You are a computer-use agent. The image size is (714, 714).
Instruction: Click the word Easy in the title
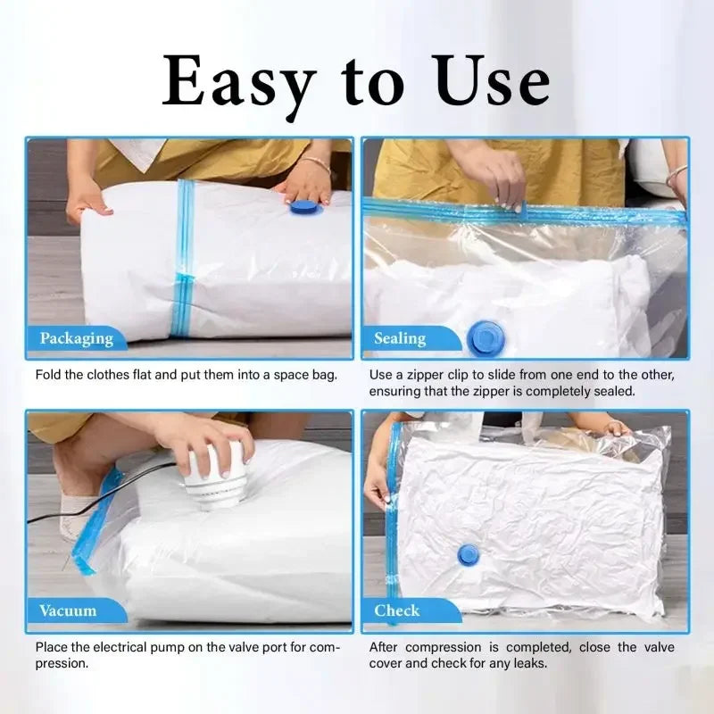tap(237, 82)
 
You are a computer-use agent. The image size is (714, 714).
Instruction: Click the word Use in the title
tap(491, 82)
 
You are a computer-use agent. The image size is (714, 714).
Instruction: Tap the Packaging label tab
tap(76, 338)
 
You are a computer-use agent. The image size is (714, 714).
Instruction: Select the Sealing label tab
tap(399, 338)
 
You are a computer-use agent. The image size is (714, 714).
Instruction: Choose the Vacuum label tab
tap(68, 610)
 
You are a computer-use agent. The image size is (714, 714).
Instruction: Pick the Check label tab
tap(396, 610)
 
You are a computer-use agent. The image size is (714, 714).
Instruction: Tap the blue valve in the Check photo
tap(468, 554)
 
